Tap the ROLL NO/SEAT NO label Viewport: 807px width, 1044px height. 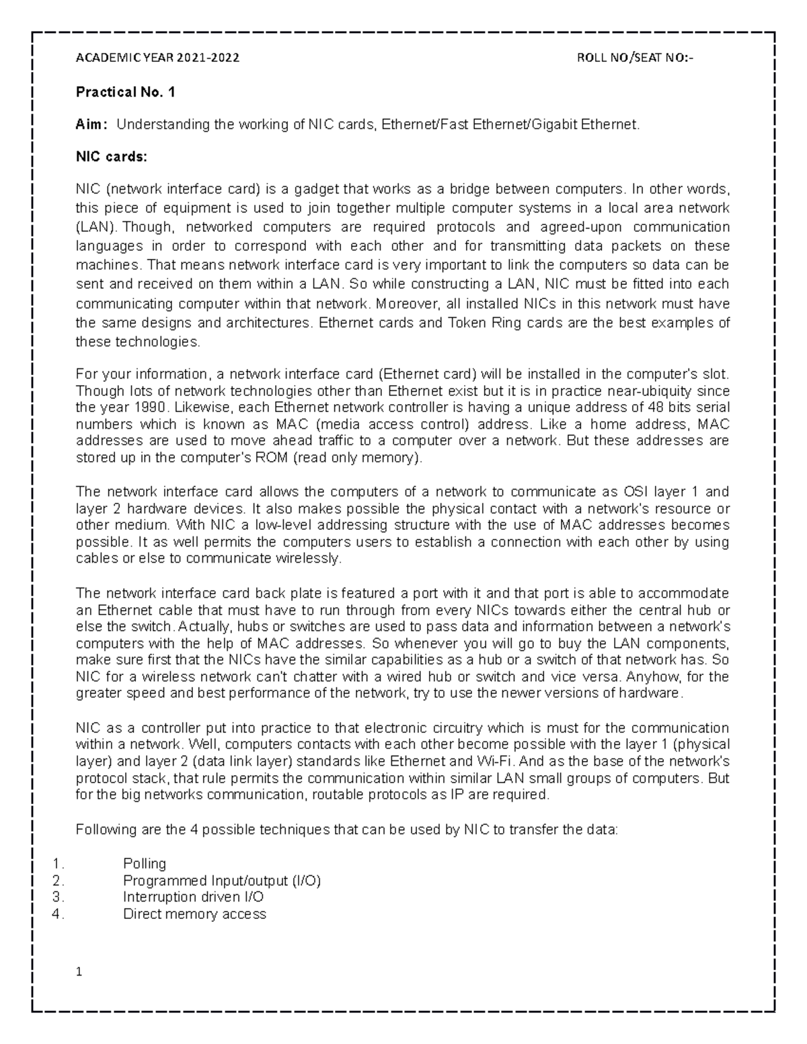[634, 58]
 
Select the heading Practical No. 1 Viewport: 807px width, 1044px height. [125, 92]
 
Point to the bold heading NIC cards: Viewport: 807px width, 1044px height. [110, 157]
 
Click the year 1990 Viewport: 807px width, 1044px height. [149, 407]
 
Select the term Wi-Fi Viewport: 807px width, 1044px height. [495, 762]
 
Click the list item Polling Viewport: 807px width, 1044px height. [145, 863]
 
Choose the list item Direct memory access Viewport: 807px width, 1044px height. [194, 914]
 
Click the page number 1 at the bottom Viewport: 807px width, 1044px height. [79, 972]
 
